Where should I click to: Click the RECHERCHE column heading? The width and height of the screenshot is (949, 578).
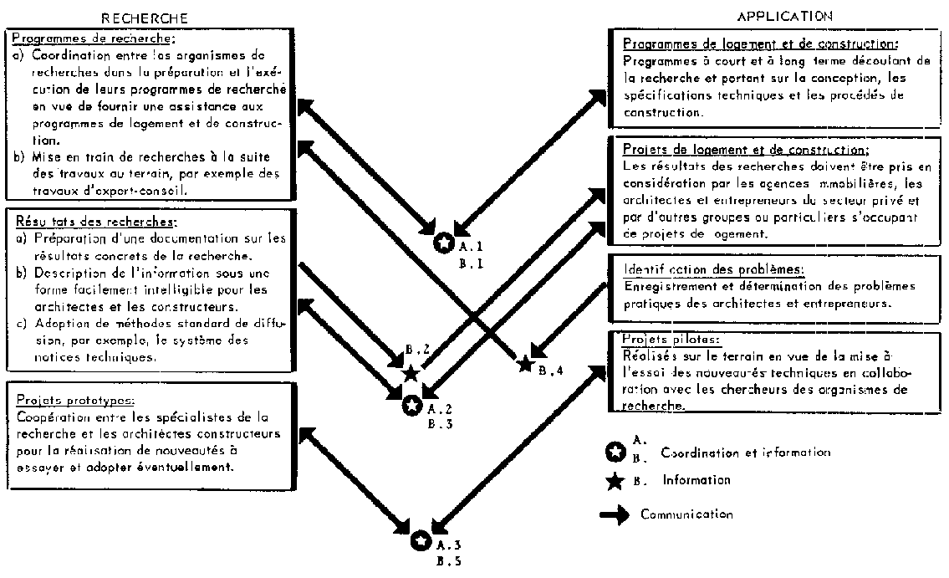click(x=144, y=18)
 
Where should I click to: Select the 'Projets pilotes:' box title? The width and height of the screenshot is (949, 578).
click(x=660, y=339)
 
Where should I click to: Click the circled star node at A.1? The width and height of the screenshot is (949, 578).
click(x=444, y=244)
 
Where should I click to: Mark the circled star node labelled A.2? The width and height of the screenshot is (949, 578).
click(x=412, y=406)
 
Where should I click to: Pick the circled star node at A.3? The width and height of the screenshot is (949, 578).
click(x=421, y=541)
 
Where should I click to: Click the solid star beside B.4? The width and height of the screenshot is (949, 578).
click(x=525, y=363)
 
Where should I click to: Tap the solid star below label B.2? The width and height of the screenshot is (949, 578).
click(x=411, y=373)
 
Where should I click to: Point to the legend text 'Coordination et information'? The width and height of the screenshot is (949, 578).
click(x=745, y=453)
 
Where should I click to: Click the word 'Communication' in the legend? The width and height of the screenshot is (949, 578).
click(x=686, y=514)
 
